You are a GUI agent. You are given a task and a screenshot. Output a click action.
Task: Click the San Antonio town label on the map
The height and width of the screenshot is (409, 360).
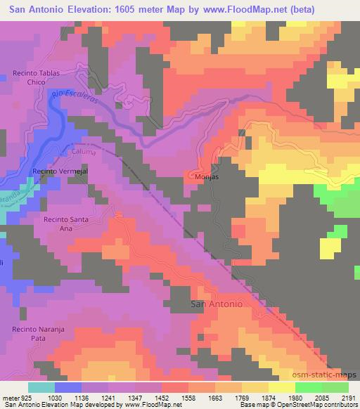pyautogui.click(x=217, y=304)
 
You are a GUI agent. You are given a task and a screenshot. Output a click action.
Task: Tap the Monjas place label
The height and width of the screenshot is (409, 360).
pyautogui.click(x=207, y=178)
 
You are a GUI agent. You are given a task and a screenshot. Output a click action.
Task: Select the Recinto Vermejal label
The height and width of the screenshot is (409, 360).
pyautogui.click(x=59, y=172)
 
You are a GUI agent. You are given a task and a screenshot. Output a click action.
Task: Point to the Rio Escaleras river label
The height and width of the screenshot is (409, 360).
pyautogui.click(x=79, y=103)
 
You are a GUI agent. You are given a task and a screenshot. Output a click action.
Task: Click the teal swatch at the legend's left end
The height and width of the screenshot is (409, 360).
pyautogui.click(x=41, y=387)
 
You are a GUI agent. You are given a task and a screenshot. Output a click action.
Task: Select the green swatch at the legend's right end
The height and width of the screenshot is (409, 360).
pyautogui.click(x=335, y=387)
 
